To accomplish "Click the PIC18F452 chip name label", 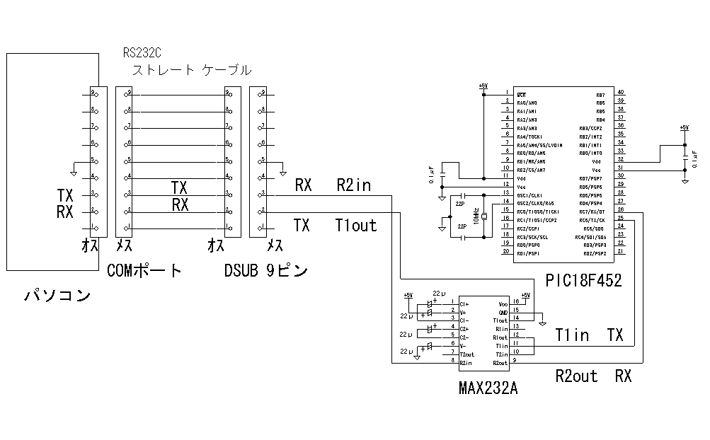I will pyautogui.click(x=583, y=280).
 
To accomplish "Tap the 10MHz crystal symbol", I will pyautogui.click(x=484, y=216).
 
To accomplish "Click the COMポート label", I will pyautogui.click(x=144, y=270).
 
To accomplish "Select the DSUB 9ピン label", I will pyautogui.click(x=266, y=270).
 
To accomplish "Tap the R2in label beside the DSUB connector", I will pyautogui.click(x=353, y=185).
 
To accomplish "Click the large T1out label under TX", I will pyautogui.click(x=356, y=225).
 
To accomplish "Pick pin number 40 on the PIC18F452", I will pyautogui.click(x=620, y=93).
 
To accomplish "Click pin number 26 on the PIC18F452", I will pyautogui.click(x=620, y=210).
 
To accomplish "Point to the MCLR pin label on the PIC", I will pyautogui.click(x=521, y=94).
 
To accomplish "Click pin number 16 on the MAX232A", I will pyautogui.click(x=516, y=301).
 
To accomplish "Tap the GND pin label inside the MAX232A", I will pyautogui.click(x=503, y=311).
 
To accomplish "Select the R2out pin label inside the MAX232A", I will pyautogui.click(x=501, y=363).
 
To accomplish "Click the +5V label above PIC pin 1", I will pyautogui.click(x=483, y=85).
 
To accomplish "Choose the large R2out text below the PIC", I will pyautogui.click(x=576, y=376).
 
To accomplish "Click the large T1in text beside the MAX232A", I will pyautogui.click(x=571, y=335).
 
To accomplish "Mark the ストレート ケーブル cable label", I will pyautogui.click(x=192, y=70).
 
